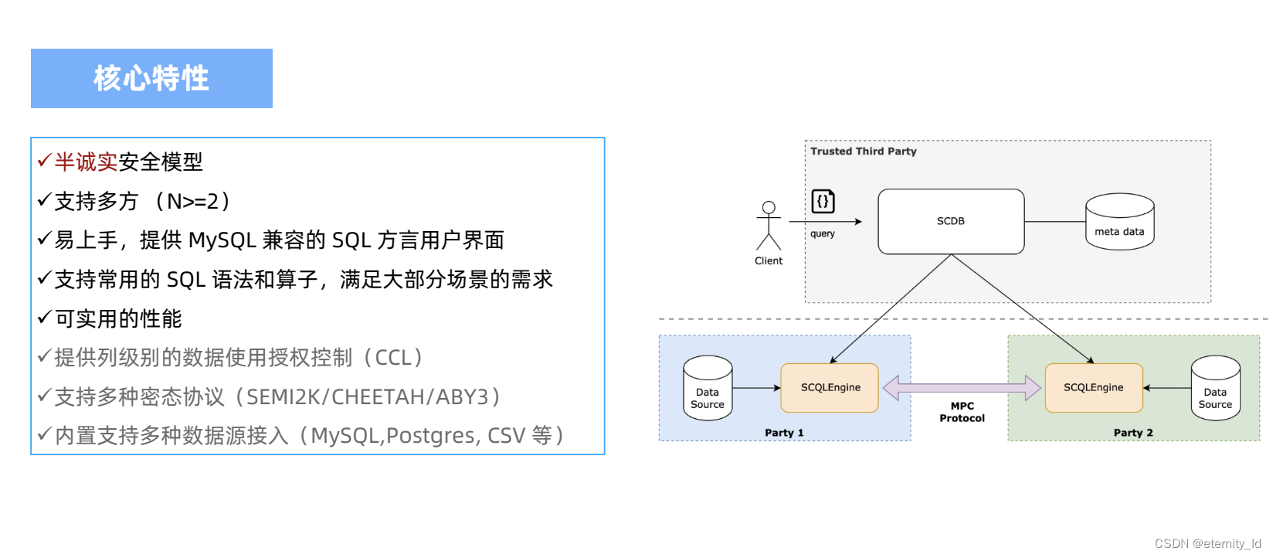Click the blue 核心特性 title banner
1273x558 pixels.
151,78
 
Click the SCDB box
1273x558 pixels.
951,221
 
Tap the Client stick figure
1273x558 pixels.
769,226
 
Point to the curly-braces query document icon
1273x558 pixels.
823,202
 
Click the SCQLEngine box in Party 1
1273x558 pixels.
830,388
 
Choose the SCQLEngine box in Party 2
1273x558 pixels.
1093,388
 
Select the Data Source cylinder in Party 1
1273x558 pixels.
708,389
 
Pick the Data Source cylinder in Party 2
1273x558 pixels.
1215,389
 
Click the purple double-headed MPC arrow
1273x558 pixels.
962,387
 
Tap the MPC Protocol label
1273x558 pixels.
962,412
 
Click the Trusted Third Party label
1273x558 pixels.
864,151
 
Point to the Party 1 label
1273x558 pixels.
784,433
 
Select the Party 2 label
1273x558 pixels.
1133,433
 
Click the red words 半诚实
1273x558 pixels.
86,162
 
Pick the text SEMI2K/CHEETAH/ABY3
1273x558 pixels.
368,397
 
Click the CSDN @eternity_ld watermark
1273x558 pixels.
1207,543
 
